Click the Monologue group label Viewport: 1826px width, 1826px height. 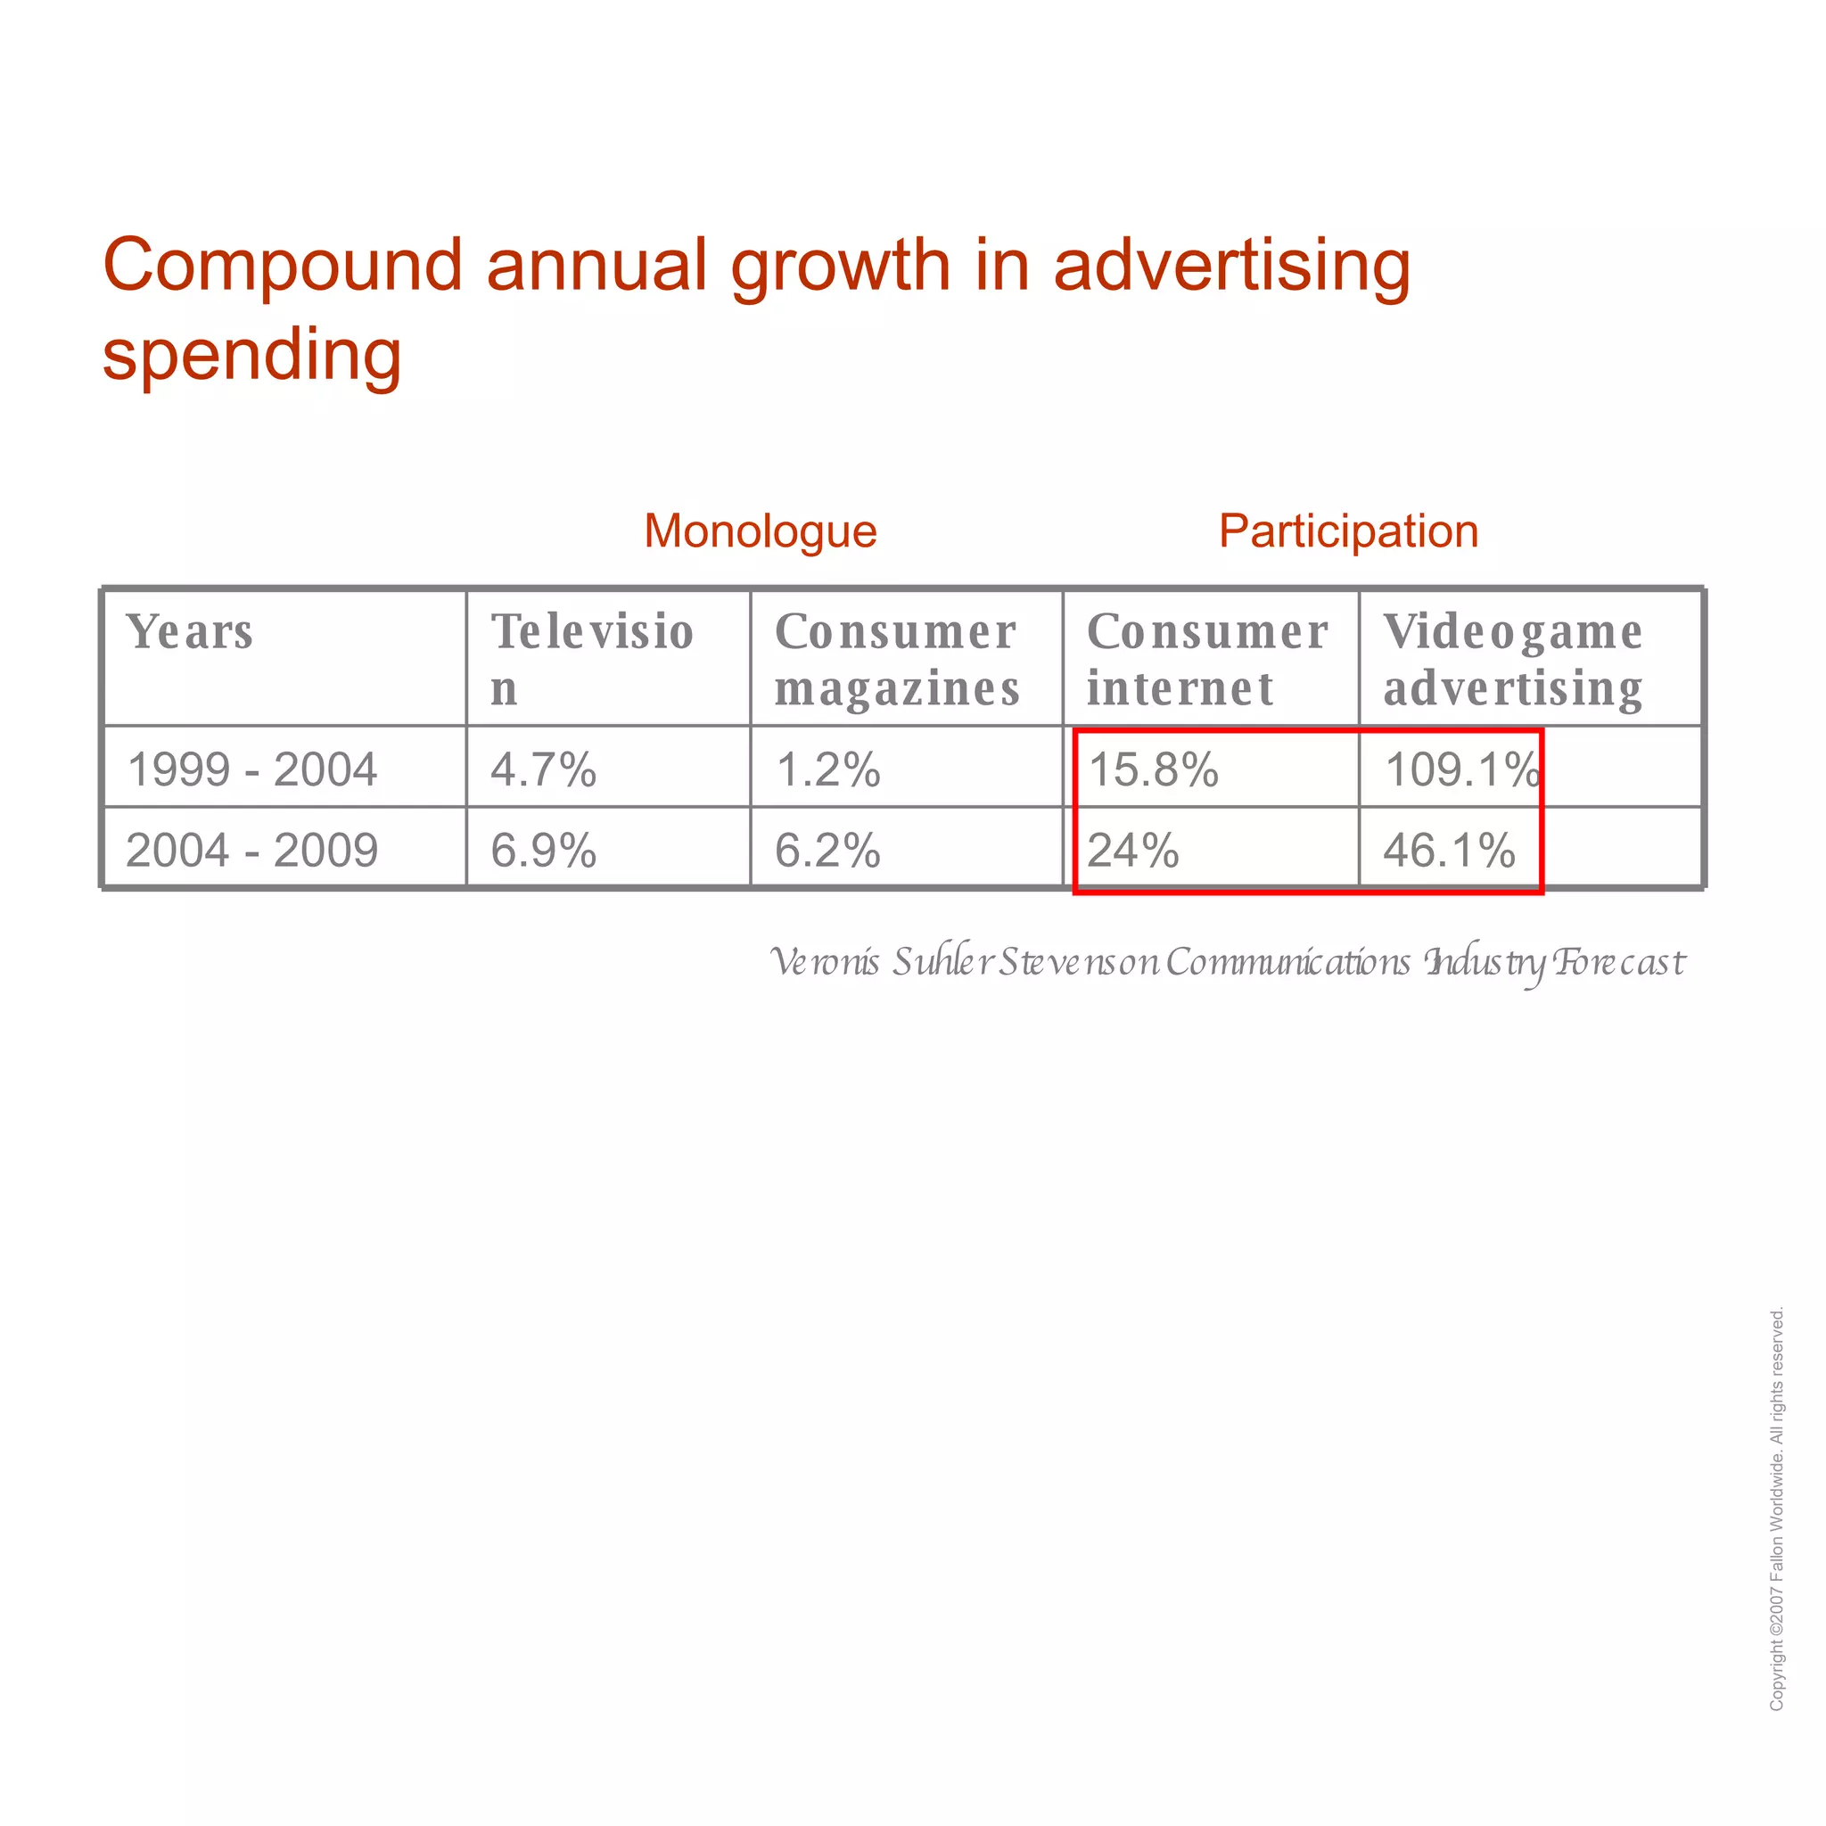click(x=760, y=531)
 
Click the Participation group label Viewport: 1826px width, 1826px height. click(x=1348, y=531)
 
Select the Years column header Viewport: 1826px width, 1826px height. click(x=190, y=631)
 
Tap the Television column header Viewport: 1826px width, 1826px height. click(x=593, y=658)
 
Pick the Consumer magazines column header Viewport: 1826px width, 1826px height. click(x=897, y=659)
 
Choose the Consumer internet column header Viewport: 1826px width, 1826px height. click(x=1207, y=659)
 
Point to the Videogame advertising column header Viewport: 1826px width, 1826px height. click(x=1512, y=659)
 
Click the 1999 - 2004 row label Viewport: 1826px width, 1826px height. click(x=252, y=769)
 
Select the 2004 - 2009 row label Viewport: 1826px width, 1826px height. click(x=252, y=850)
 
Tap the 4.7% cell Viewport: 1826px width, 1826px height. click(x=544, y=769)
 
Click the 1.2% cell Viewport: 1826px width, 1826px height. click(x=828, y=769)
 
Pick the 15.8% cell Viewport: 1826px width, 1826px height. click(x=1153, y=769)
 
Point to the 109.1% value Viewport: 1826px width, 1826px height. click(x=1461, y=769)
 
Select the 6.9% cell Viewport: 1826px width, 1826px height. click(x=544, y=850)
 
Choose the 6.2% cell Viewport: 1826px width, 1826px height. click(x=828, y=850)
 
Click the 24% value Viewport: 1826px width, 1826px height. click(x=1133, y=850)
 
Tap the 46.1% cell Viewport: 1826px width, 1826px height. click(x=1449, y=850)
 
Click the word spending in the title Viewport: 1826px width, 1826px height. click(x=252, y=356)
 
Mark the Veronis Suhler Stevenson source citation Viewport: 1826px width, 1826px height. click(x=1227, y=962)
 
